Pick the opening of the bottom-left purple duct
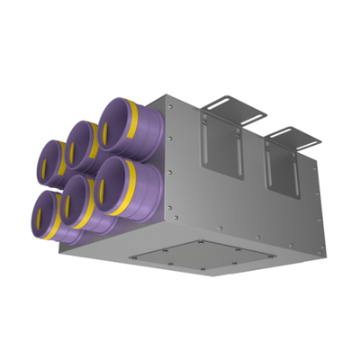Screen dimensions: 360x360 pos(42,214)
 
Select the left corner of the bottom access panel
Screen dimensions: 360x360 pos(128,256)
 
